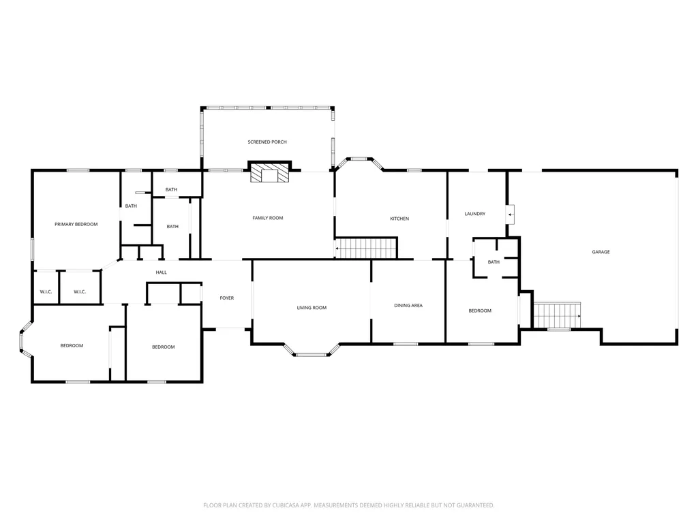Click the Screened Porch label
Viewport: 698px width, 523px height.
(x=267, y=142)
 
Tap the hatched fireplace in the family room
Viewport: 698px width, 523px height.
(x=270, y=172)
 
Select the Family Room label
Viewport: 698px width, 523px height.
(x=267, y=218)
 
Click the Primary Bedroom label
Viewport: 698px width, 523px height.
(x=76, y=224)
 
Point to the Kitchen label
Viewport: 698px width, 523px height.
(x=399, y=219)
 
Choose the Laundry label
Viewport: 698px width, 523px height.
(x=475, y=214)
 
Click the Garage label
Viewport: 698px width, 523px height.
(x=601, y=252)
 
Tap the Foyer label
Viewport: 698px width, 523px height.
(x=226, y=298)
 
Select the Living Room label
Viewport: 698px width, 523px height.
(x=312, y=308)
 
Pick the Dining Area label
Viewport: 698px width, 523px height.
(x=408, y=306)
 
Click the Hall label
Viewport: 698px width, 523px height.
(x=161, y=272)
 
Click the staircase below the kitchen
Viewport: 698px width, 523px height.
(x=365, y=248)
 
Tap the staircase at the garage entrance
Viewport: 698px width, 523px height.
(x=557, y=315)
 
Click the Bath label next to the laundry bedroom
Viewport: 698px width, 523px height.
(x=494, y=262)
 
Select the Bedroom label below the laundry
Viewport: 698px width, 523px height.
(x=480, y=311)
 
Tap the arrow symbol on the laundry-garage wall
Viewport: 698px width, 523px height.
(x=510, y=215)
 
